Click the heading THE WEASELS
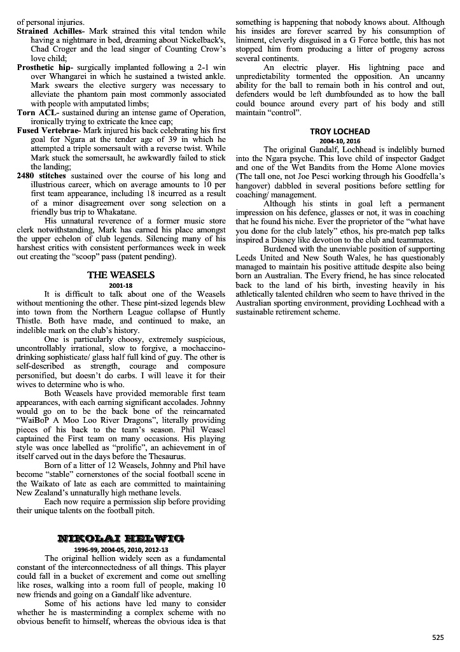121,275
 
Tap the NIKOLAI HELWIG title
121,539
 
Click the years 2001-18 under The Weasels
121,285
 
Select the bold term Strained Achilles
50,31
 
